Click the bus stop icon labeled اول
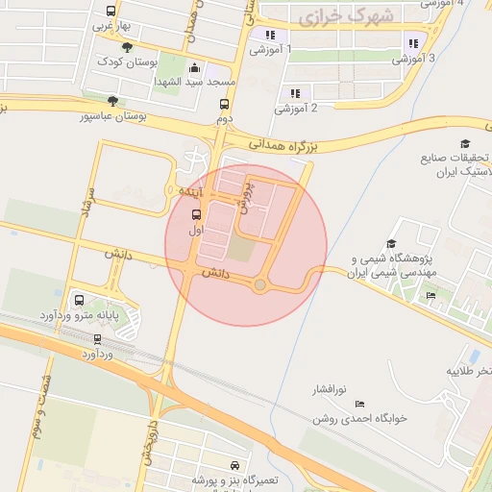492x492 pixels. point(196,213)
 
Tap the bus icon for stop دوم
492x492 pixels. point(225,105)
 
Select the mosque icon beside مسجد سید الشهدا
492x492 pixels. point(196,68)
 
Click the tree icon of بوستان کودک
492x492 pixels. point(128,46)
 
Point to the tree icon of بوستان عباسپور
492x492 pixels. point(113,100)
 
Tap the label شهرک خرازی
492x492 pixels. point(333,16)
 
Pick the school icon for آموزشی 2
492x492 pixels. point(295,93)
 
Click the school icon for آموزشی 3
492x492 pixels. point(412,42)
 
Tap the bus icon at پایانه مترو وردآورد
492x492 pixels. point(79,299)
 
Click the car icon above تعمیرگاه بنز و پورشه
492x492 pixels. point(235,465)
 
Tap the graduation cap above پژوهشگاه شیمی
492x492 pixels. point(390,244)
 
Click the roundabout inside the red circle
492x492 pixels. point(259,284)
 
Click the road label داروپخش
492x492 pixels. point(148,434)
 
